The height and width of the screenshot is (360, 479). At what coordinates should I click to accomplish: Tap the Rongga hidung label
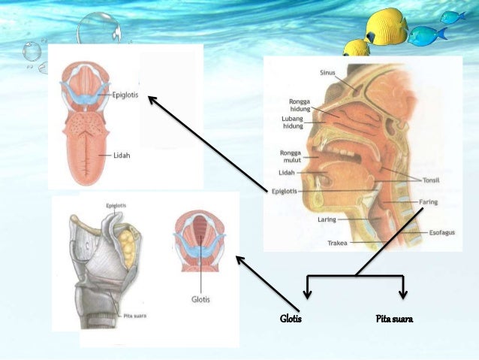[300, 105]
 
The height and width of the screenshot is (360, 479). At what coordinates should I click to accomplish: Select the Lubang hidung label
[293, 123]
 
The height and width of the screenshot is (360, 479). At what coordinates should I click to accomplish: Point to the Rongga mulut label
[291, 156]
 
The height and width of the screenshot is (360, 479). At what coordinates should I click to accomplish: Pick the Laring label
[326, 219]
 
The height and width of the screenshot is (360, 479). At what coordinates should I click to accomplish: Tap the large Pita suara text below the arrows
[394, 320]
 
